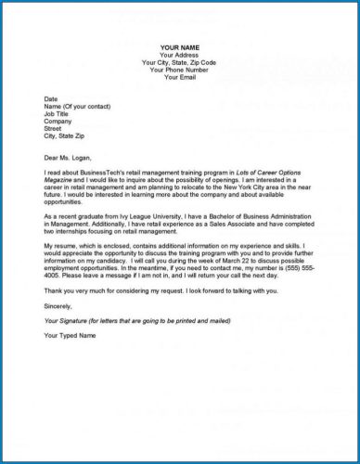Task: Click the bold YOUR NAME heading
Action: (x=181, y=47)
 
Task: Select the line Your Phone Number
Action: (x=181, y=70)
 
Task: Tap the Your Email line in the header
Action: (x=181, y=77)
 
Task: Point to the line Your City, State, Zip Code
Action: (x=181, y=62)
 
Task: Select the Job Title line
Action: (x=58, y=113)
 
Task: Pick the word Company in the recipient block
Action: (x=58, y=121)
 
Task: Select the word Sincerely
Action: (x=58, y=303)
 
